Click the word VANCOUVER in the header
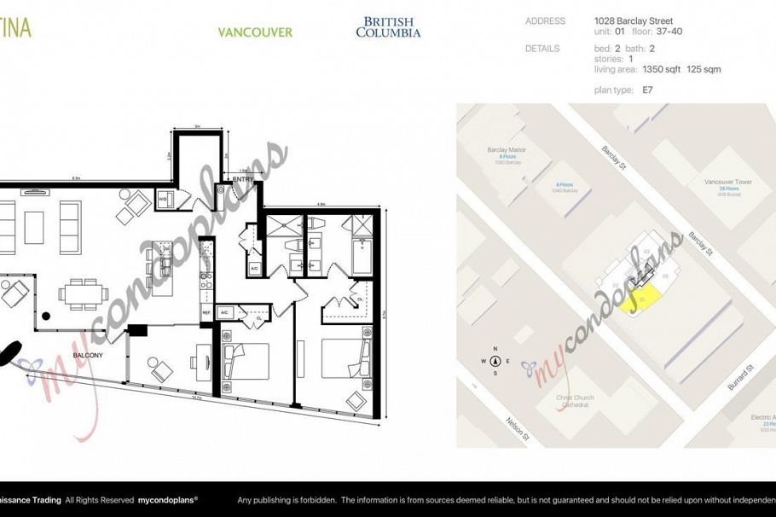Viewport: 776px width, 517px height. [x=255, y=32]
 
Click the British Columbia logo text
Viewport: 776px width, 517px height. [x=388, y=27]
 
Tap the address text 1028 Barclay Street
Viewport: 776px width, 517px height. [x=634, y=21]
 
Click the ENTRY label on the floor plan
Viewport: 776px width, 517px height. [x=242, y=179]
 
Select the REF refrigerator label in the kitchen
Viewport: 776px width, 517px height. [x=206, y=313]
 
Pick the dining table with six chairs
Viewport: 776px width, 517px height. [x=84, y=293]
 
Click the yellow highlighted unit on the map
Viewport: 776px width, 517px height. [x=641, y=299]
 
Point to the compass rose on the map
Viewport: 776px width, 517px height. [x=495, y=361]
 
